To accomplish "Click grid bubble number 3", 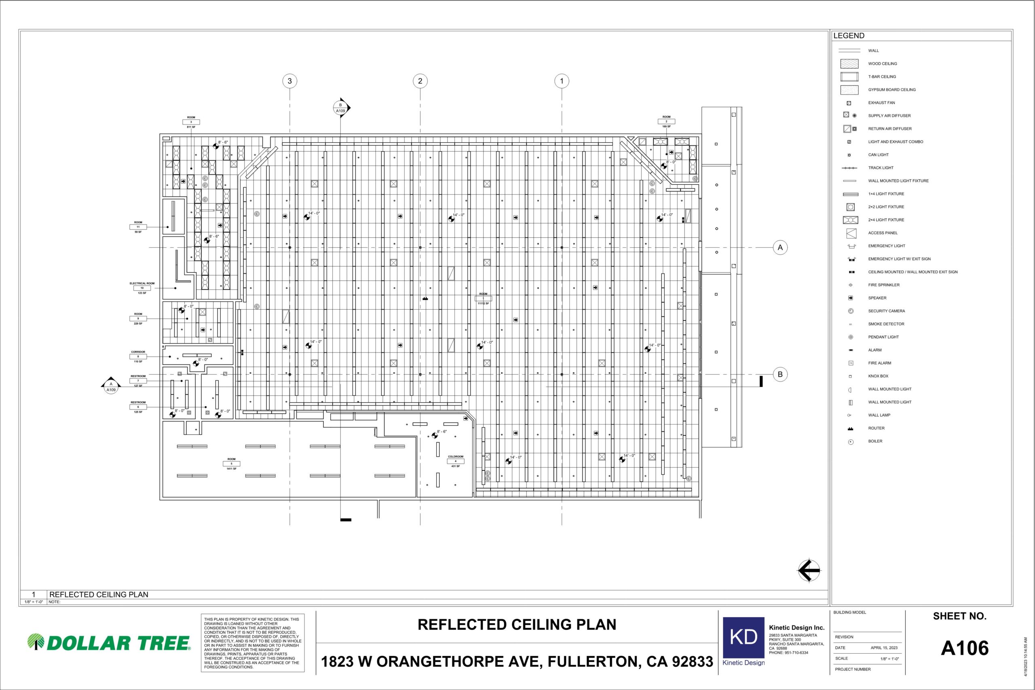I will (289, 81).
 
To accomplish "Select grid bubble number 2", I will (420, 81).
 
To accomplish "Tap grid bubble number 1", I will (562, 81).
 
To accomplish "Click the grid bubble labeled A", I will (780, 247).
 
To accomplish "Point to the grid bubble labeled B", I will (780, 374).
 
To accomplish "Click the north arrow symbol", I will (809, 571).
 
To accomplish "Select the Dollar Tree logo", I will (109, 642).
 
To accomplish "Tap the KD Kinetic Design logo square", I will (744, 637).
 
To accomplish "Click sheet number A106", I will (965, 648).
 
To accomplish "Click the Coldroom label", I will (456, 457).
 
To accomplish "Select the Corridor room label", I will (138, 352).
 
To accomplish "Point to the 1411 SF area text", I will (232, 468).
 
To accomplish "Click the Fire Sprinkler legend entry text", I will (884, 285).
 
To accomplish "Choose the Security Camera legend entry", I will (886, 311).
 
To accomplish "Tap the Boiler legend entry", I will (875, 441).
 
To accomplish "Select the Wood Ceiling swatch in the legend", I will (849, 64).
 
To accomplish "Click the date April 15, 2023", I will (884, 648).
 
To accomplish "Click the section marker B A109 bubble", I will (340, 108).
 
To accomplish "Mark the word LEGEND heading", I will (849, 36).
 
